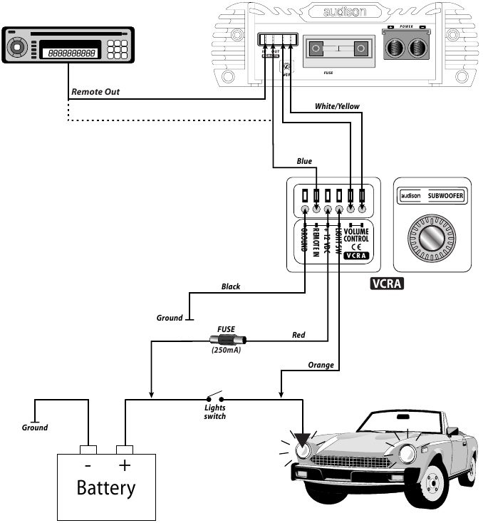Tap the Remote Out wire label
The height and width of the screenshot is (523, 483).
click(95, 92)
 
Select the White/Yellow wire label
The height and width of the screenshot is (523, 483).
click(337, 106)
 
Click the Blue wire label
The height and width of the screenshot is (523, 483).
click(304, 161)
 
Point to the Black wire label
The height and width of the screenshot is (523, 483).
click(231, 286)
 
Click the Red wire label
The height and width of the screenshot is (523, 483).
click(298, 334)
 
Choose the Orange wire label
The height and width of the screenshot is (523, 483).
click(321, 365)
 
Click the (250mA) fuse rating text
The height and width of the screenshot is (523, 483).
click(226, 351)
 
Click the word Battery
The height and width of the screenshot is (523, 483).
click(105, 488)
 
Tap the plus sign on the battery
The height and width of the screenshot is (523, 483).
click(125, 465)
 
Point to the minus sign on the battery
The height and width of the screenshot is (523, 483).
click(88, 465)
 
